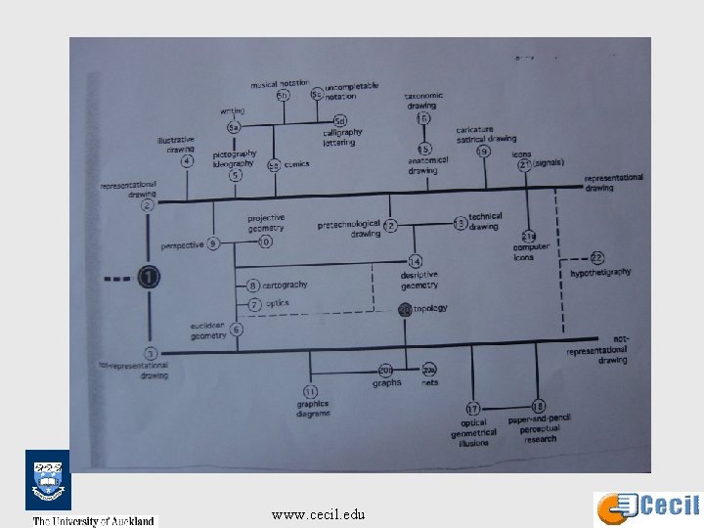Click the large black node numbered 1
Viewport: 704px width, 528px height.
point(149,279)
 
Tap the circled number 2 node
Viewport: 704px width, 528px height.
point(148,205)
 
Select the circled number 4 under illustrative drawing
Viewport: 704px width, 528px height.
point(187,160)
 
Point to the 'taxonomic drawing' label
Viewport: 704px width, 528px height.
point(423,100)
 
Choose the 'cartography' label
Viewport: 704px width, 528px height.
point(285,285)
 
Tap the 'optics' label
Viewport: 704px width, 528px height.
point(277,303)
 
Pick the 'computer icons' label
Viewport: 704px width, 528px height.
point(531,252)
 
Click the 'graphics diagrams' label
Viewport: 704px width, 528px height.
point(314,408)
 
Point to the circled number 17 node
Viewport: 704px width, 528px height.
point(473,408)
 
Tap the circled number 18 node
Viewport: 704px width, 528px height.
point(538,405)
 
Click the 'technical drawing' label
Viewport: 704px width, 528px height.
point(485,221)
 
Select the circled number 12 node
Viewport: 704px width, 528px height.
point(390,226)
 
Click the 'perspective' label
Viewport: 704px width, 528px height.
point(183,244)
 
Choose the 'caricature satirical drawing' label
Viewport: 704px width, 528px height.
point(486,134)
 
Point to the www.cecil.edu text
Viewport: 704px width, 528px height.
point(319,513)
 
